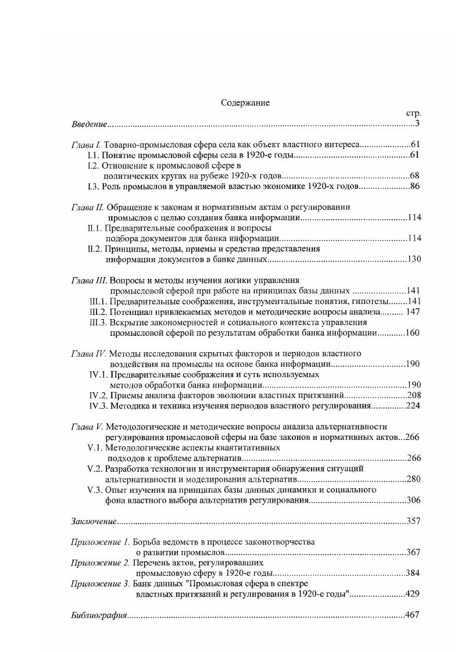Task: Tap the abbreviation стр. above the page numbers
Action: click(413, 113)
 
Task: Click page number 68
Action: click(414, 175)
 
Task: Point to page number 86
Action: click(414, 186)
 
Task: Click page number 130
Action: click(412, 259)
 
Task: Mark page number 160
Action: click(412, 333)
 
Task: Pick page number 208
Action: click(412, 395)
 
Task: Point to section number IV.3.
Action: click(97, 406)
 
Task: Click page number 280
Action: click(412, 479)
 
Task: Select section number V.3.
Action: click(95, 490)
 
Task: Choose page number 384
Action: click(412, 573)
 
